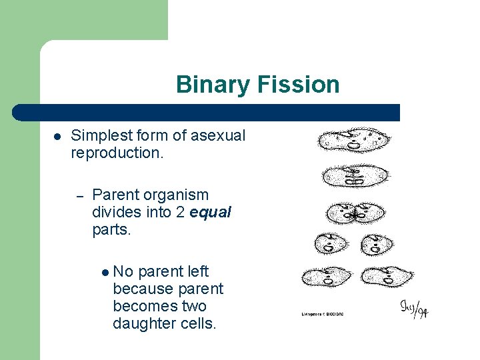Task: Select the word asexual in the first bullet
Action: click(218, 135)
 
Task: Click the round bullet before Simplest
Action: click(57, 136)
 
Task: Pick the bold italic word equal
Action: click(210, 213)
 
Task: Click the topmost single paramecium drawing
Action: click(353, 141)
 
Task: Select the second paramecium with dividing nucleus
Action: click(355, 176)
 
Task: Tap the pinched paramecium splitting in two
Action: click(356, 213)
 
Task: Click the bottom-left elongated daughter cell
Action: click(326, 276)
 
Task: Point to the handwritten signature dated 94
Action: click(413, 308)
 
